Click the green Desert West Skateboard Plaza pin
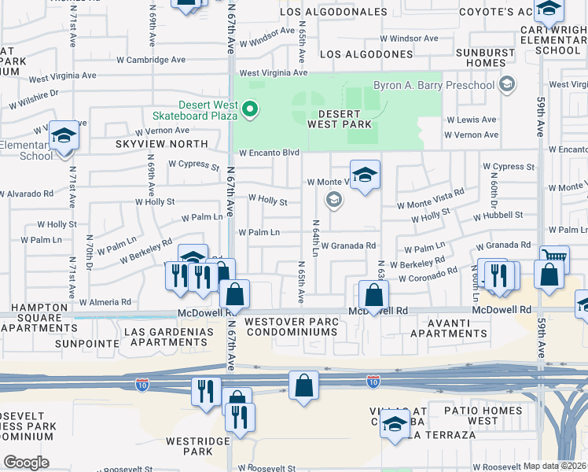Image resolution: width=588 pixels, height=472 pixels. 250,109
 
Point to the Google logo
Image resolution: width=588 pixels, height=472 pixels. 26,462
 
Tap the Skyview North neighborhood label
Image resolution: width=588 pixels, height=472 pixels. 162,144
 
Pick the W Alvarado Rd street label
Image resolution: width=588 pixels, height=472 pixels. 27,193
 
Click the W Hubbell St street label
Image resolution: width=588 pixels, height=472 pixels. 498,215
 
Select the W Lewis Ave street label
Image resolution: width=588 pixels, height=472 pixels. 470,120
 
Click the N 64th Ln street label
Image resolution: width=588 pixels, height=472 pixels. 315,237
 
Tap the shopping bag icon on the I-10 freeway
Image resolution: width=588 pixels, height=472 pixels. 303,385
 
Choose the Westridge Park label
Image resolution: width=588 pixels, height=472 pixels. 188,446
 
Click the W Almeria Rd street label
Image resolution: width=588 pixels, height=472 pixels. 104,302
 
